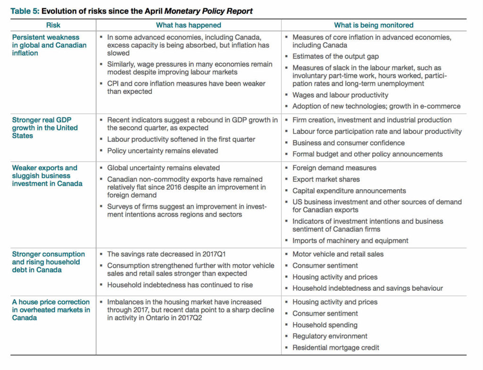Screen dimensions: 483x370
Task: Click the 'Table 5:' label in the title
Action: coord(25,11)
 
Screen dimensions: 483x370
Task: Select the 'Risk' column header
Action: coord(53,25)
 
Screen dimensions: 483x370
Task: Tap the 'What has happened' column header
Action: coord(189,25)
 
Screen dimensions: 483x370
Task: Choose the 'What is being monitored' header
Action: coord(374,25)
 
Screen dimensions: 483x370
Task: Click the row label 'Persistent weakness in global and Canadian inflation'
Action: coord(49,45)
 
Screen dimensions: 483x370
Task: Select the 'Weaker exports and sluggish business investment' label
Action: coord(47,176)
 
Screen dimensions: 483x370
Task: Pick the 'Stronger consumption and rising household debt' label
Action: coord(49,262)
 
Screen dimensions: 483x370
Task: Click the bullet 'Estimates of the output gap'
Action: coord(335,57)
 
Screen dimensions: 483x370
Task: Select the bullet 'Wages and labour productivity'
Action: coord(340,95)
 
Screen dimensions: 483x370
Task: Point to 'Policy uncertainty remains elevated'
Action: coord(162,151)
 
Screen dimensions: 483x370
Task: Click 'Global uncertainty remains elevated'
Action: coord(163,168)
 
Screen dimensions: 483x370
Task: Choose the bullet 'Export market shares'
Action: coord(326,179)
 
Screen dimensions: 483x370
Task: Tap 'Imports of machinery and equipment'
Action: coord(350,241)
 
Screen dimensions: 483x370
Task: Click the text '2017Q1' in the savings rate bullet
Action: coord(214,254)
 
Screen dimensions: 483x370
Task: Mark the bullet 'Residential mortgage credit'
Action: coord(335,348)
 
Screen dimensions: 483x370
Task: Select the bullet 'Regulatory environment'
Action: coord(330,336)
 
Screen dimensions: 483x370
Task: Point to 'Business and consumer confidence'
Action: coord(349,143)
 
